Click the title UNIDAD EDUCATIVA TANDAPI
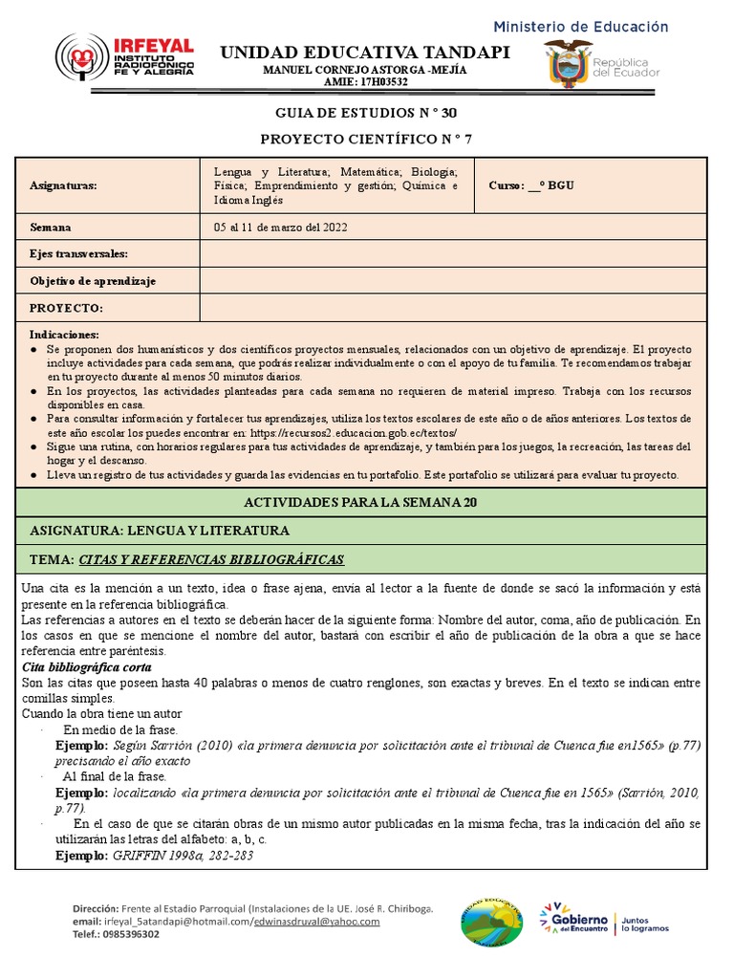(365, 52)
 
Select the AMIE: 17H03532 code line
(366, 82)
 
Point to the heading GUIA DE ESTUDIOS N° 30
(366, 113)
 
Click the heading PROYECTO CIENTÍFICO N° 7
(366, 139)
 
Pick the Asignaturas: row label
(63, 185)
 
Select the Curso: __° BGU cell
(531, 185)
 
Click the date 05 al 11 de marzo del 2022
(281, 228)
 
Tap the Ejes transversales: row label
(78, 253)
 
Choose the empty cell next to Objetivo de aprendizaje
(453, 281)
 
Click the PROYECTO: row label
(66, 308)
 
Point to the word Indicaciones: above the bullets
(64, 336)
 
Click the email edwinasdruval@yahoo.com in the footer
(316, 921)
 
